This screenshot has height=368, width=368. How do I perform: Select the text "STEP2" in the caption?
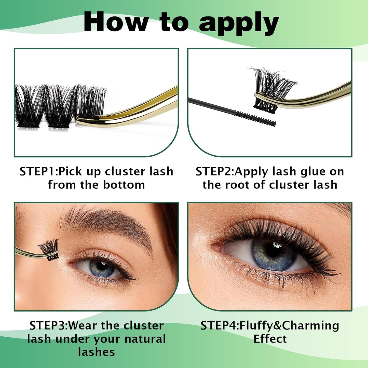[x=214, y=172]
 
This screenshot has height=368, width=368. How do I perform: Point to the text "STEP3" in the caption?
[x=48, y=326]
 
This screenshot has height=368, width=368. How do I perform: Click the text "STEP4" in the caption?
[x=219, y=326]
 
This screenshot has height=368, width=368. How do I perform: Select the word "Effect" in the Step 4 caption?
[x=270, y=339]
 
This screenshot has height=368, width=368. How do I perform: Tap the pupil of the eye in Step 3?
[x=102, y=266]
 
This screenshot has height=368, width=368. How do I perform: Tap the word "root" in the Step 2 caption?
[x=238, y=185]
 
